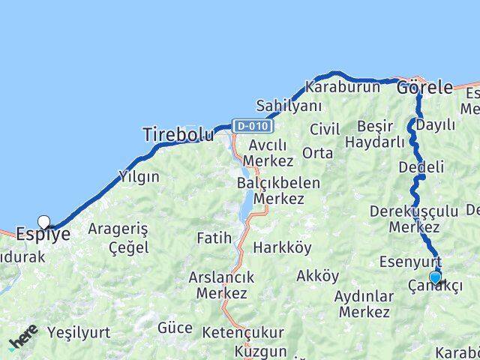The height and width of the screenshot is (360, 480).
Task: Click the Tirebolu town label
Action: (178, 134)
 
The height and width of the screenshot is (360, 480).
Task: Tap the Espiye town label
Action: (43, 234)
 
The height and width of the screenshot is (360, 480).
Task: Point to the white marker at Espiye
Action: (44, 221)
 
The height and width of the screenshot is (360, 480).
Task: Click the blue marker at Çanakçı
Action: (435, 277)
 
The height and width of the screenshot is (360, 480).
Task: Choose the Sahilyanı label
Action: (289, 105)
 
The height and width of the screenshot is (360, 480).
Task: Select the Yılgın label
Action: (139, 177)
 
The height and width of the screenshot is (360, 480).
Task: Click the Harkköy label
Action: (282, 247)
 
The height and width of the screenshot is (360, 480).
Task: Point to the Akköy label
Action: (318, 275)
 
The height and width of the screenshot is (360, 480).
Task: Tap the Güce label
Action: (175, 328)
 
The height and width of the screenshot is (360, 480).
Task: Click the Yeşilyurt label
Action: (78, 331)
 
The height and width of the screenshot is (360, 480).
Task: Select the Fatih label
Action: (214, 238)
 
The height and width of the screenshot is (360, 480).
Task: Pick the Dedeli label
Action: (421, 166)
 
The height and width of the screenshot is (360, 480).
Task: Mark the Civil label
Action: (324, 127)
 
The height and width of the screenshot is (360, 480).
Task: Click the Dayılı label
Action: (436, 124)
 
